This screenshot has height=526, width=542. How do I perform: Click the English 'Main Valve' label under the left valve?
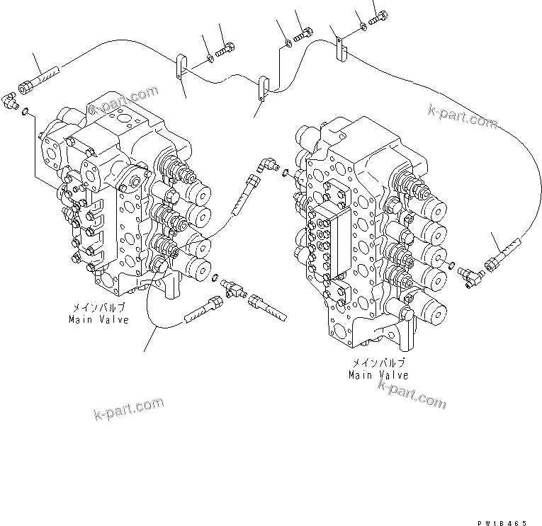tap(98, 320)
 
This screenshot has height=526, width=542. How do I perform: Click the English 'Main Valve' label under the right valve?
tap(378, 375)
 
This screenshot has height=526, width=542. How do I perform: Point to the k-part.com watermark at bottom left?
tap(128, 408)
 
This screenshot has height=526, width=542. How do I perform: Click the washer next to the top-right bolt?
tap(363, 26)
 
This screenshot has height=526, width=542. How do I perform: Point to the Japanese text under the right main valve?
tap(378, 362)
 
